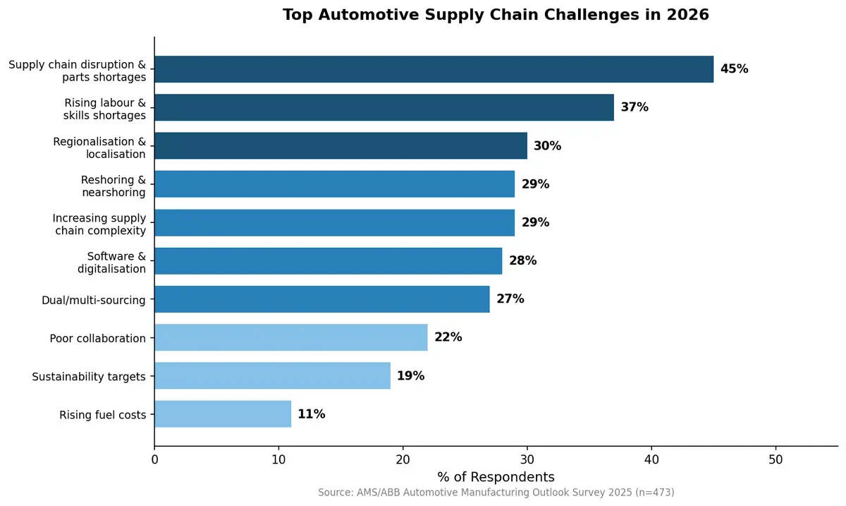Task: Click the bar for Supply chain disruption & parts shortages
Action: coord(434,69)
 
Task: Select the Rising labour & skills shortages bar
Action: coord(384,107)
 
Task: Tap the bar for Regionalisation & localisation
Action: coord(341,145)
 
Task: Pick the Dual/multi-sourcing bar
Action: coord(321,299)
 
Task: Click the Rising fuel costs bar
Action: coord(222,414)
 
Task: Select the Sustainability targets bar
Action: coord(272,375)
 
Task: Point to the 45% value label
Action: coord(734,69)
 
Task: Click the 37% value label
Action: coord(634,107)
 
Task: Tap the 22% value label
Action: coord(448,337)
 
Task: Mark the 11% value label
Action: coord(311,414)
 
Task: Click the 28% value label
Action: coord(522,260)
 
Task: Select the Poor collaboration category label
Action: coord(97,338)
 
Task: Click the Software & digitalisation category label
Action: coord(111,262)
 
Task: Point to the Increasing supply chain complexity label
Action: coord(99,224)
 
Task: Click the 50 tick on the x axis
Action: coord(775,459)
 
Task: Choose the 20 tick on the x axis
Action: coord(403,459)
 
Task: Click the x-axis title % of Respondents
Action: coord(496,476)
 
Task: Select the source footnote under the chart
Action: coord(496,492)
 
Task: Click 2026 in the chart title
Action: coord(688,15)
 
